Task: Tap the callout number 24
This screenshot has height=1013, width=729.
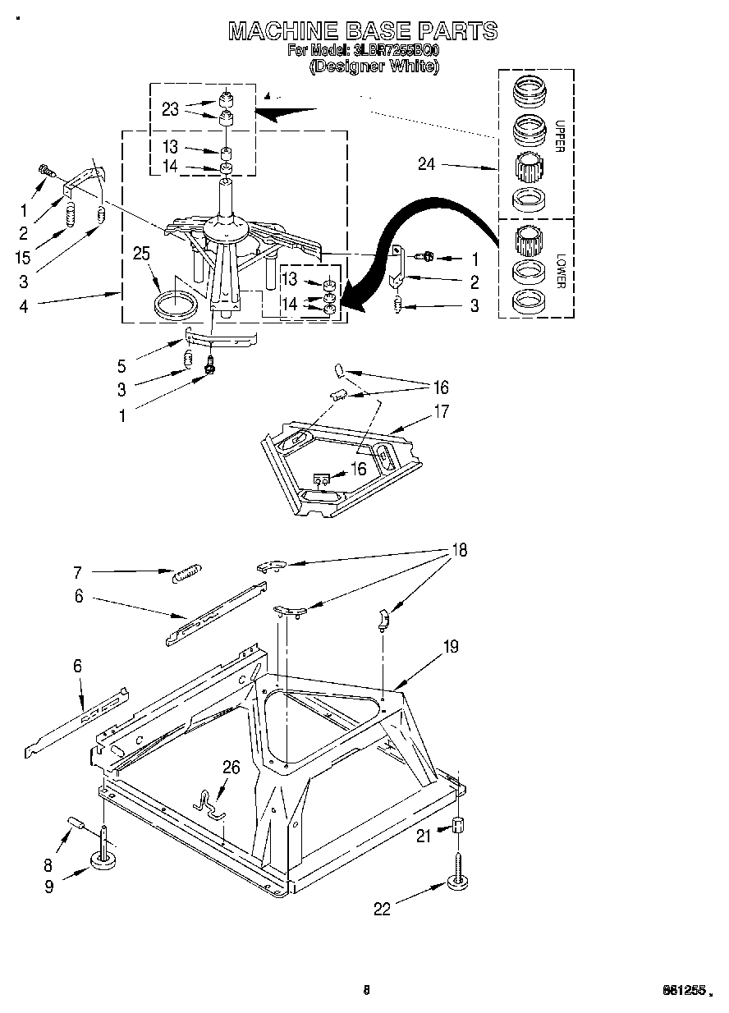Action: tap(425, 164)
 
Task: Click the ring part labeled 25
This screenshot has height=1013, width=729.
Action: tap(177, 303)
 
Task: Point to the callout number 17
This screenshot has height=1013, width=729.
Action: tap(442, 411)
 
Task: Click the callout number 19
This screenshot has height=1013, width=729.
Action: tap(451, 647)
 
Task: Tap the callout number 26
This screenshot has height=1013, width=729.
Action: tap(232, 768)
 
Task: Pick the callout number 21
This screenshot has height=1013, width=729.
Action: tap(423, 836)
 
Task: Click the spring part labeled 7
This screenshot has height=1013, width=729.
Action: tap(186, 572)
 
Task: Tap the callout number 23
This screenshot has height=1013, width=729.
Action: tap(170, 110)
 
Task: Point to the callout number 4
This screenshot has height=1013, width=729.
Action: tap(24, 307)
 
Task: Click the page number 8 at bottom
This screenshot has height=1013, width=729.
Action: tap(367, 991)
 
